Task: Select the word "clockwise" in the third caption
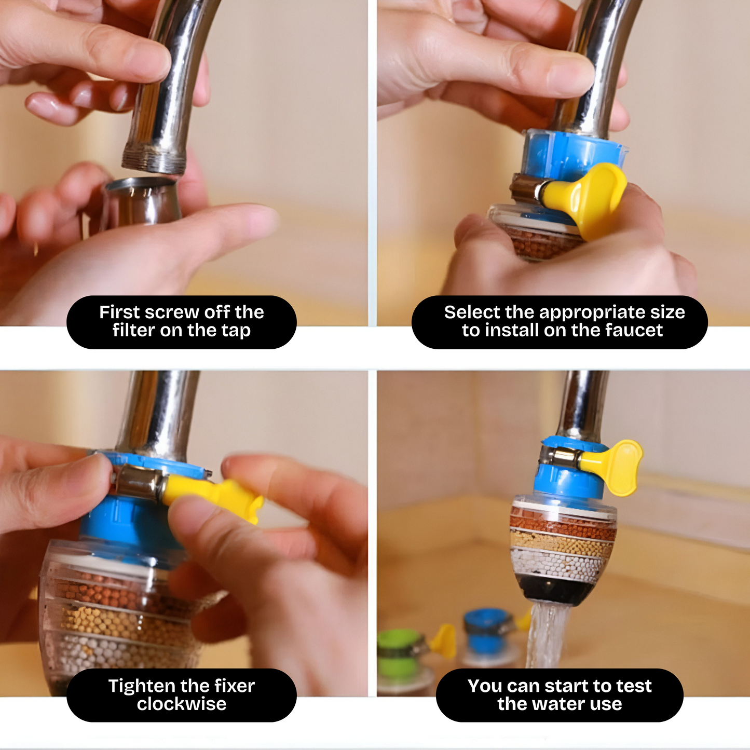[181, 704]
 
